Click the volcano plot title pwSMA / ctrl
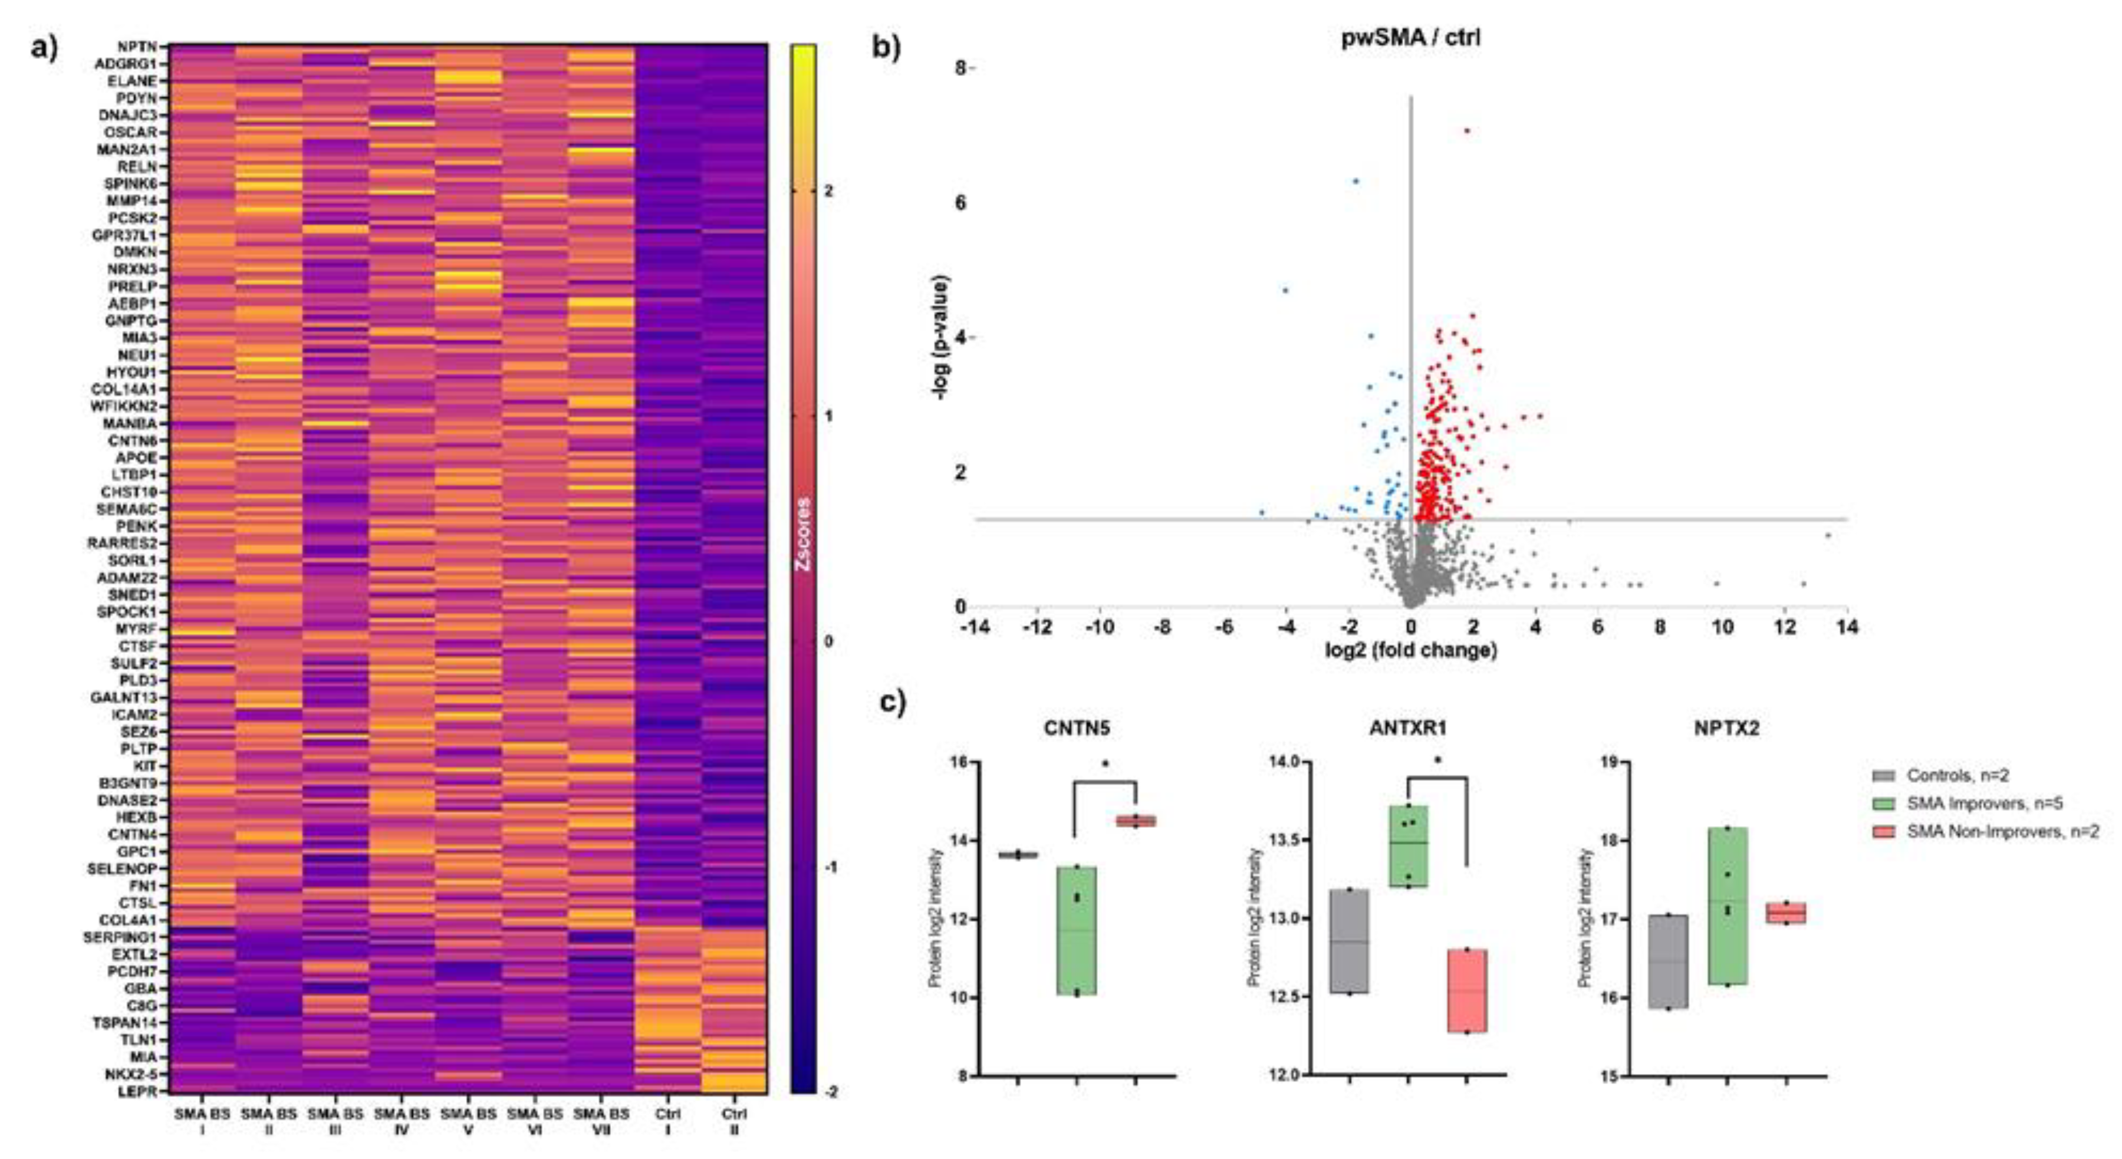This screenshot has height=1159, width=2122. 1410,38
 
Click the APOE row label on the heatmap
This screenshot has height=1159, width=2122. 135,457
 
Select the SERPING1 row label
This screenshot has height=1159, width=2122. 124,937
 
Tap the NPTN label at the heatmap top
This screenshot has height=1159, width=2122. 137,47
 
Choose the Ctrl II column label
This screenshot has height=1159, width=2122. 734,1121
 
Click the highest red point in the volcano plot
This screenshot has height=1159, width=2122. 1466,130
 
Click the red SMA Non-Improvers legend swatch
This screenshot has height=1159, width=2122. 1884,832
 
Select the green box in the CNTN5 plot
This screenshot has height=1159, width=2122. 1076,930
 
